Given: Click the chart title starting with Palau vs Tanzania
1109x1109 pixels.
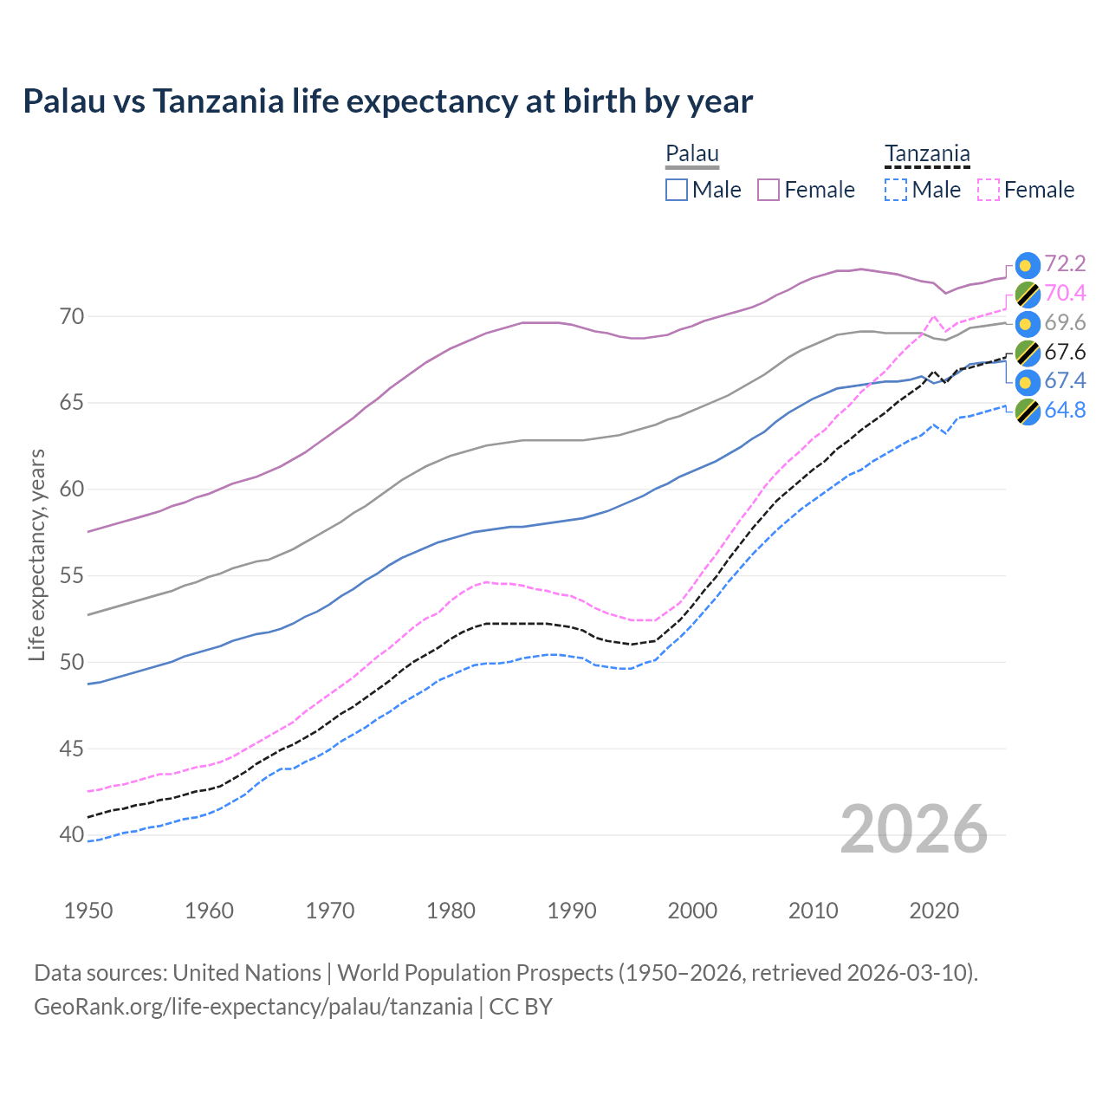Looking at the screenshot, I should click(x=387, y=101).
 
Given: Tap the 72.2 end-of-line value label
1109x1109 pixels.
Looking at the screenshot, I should click(x=1065, y=263).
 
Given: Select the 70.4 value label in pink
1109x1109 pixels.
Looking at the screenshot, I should click(x=1065, y=293).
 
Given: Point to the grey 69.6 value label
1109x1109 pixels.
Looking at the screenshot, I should click(x=1065, y=322).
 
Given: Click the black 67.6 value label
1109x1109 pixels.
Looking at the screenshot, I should click(x=1065, y=352).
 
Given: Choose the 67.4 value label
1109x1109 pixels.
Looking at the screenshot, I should click(x=1065, y=381).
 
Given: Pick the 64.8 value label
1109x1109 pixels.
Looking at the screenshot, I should click(x=1065, y=410).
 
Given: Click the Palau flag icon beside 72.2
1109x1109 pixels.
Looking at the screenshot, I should click(x=1027, y=266).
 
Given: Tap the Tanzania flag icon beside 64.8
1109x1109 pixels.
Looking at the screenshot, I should click(x=1027, y=412).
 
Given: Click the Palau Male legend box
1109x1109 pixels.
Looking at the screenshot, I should click(x=677, y=190).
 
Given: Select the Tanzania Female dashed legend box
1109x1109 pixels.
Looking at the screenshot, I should click(x=989, y=190).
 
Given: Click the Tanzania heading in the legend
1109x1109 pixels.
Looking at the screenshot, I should click(x=927, y=154).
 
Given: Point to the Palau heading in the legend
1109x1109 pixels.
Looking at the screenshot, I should click(x=692, y=154).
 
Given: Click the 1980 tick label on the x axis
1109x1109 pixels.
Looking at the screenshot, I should click(x=451, y=911).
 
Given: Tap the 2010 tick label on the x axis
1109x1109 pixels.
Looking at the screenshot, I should click(x=814, y=911).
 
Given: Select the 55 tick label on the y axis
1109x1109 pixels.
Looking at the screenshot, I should click(x=72, y=576).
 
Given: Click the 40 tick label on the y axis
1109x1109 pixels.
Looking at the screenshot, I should click(x=72, y=835).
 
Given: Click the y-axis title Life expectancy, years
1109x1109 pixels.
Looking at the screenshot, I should click(x=36, y=554).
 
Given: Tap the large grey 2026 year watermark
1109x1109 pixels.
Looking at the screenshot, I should click(x=914, y=829).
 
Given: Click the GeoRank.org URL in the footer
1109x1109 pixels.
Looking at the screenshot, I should click(x=253, y=1007).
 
